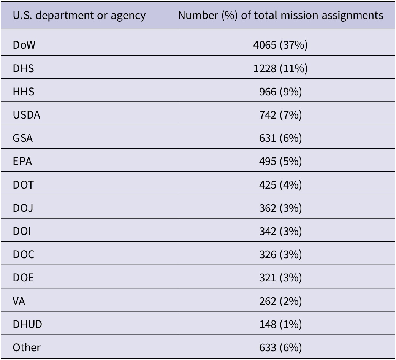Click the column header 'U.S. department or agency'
pos(79,16)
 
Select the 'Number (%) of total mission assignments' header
pos(280,16)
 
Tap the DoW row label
pos(24,45)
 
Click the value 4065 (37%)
pos(280,45)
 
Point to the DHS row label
pos(23,68)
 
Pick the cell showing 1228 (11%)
pos(280,68)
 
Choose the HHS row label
pos(24,92)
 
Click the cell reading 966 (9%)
pos(280,92)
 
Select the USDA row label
pos(27,115)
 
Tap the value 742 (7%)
pos(280,115)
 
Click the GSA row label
pos(23,138)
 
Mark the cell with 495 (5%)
pos(280,162)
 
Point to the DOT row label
pos(23,185)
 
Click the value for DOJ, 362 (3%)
pos(280,208)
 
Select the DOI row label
pos(22,232)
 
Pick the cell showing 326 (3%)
pos(280,254)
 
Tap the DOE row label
pos(23,278)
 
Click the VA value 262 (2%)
pos(280,301)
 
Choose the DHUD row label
pos(27,324)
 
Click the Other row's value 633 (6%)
pos(280,347)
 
